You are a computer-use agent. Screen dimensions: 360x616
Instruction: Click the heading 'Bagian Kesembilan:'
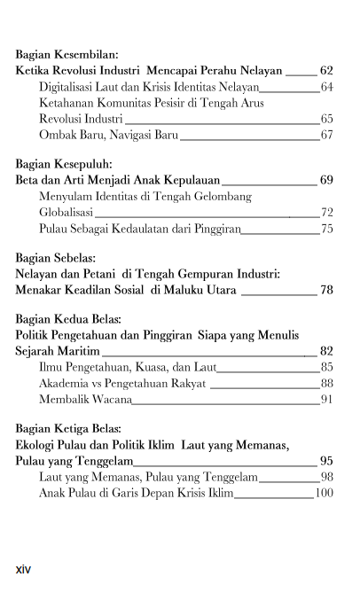click(67, 54)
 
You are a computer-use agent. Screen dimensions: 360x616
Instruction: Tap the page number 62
click(326, 70)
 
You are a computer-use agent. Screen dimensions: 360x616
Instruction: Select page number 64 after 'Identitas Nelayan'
click(326, 87)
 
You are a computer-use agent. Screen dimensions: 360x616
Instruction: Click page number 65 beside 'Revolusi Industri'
click(326, 119)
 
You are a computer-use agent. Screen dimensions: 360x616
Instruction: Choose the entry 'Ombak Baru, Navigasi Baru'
click(109, 135)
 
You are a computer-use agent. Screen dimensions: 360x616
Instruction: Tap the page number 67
click(326, 135)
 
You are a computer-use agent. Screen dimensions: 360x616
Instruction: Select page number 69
click(326, 180)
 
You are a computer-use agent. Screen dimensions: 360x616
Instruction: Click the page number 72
click(326, 213)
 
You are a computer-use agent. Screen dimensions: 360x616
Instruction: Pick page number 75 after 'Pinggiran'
click(326, 229)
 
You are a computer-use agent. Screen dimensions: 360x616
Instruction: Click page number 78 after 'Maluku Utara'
click(326, 290)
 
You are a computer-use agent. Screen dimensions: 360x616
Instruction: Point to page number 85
click(326, 367)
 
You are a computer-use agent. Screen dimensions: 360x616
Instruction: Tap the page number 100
click(324, 493)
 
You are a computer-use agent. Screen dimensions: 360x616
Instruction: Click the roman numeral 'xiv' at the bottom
click(23, 569)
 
